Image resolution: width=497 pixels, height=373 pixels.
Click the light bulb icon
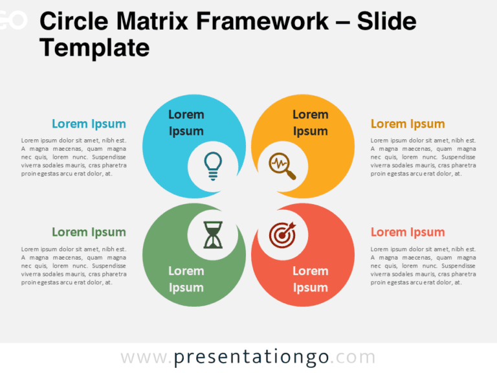coord(212,166)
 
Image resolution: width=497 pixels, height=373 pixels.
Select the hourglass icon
coord(212,235)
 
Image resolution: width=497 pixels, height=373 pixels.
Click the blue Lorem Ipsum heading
coord(89,124)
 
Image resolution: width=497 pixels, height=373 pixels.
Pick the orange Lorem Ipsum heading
coord(408,124)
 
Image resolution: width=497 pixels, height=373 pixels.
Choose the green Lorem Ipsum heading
coord(89,232)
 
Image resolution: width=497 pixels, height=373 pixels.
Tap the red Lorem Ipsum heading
coord(408,232)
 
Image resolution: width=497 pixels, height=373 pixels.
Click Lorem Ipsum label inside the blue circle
coord(186,122)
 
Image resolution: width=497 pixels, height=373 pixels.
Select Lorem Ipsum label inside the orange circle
coord(311,122)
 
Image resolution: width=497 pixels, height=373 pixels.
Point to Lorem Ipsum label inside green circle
coord(186,279)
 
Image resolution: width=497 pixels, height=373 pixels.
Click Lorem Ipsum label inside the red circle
coord(311,279)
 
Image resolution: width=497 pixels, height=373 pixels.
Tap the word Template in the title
coord(94,48)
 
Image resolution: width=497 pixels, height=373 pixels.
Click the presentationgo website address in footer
coord(248,357)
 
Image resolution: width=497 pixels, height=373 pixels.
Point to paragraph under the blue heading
coord(74,157)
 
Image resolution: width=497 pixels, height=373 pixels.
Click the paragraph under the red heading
coord(423,266)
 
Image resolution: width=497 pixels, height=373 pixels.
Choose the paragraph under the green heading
coord(74,266)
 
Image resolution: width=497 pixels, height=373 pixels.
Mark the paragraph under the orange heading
coord(423,157)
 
